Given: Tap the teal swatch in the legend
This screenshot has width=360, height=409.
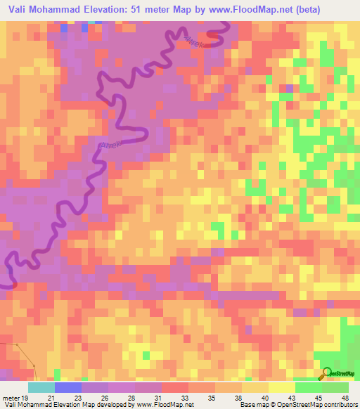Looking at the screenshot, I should coord(41,387).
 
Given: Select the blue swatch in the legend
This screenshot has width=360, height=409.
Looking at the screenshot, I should coord(68,387).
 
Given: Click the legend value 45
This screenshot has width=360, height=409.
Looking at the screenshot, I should coord(313,398).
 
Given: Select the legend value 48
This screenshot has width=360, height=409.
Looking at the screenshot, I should coord(345,398).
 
